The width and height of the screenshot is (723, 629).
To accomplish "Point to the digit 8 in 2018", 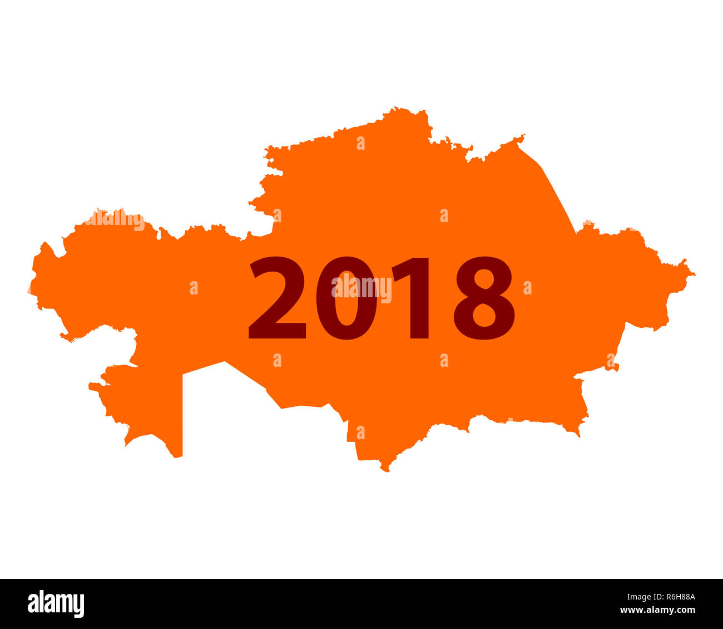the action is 484,298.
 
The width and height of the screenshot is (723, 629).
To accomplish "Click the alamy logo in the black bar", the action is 56,604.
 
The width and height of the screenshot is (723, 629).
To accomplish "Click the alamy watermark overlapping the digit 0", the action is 361,288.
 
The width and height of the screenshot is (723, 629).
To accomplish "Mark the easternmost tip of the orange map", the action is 695,274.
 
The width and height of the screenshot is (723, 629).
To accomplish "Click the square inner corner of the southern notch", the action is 183,374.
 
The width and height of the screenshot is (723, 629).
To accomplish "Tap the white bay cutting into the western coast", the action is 114,345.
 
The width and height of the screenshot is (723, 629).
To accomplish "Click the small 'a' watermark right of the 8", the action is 527,288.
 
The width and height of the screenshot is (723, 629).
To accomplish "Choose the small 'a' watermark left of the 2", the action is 194,288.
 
